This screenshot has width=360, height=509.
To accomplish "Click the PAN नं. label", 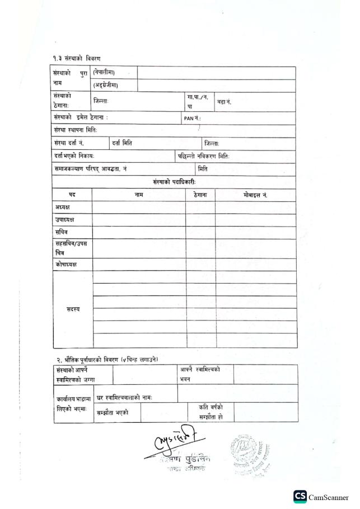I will coord(192,118).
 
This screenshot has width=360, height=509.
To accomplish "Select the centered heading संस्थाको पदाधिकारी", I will coord(174,182).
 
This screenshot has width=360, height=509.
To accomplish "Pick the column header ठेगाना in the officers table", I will coord(200,195).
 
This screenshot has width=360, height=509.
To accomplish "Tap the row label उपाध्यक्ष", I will coord(65,220).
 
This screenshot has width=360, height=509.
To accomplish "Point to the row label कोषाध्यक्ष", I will coord(66,264).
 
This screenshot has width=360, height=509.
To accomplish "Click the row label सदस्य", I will coord(73,309).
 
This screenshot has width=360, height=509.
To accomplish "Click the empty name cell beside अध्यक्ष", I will coord(139,208).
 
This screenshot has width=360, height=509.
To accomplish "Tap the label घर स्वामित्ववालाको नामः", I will coord(124,397).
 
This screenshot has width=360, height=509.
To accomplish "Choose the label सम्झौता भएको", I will coord(113,413).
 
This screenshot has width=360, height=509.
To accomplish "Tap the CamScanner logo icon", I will coord(300,496).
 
